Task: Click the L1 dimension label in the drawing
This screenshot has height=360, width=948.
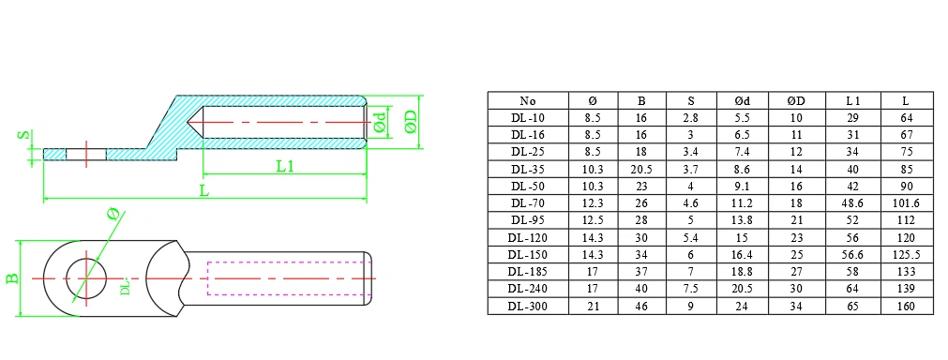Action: tap(285, 166)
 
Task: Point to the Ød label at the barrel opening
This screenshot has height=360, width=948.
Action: tap(379, 123)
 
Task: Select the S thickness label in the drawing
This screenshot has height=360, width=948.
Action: tap(23, 136)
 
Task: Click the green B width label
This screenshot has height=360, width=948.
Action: tap(11, 278)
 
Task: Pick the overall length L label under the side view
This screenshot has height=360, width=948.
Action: tap(204, 191)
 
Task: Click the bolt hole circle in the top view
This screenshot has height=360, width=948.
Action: tap(86, 278)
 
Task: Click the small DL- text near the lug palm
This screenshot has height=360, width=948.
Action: tap(125, 286)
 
